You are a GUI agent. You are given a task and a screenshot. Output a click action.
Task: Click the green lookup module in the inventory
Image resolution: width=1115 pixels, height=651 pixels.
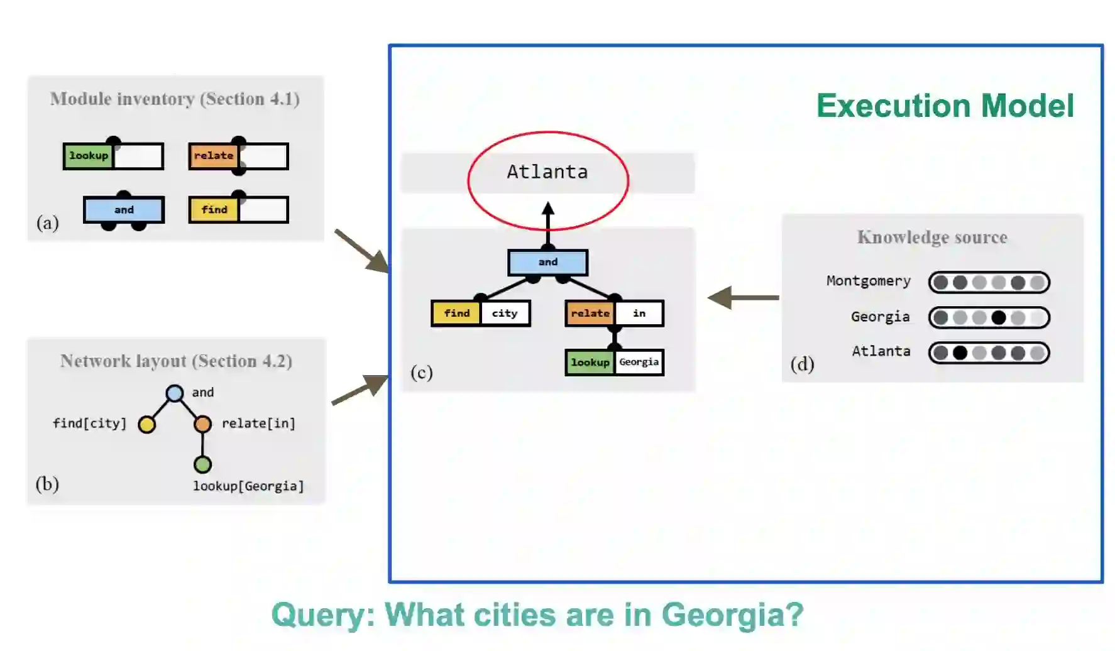(89, 156)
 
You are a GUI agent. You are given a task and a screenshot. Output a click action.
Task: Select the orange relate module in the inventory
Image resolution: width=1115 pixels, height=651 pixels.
(213, 156)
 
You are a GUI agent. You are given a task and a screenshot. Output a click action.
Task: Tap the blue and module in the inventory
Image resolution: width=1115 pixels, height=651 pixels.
(124, 210)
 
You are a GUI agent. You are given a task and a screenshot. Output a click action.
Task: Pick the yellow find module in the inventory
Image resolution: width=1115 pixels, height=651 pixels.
(214, 210)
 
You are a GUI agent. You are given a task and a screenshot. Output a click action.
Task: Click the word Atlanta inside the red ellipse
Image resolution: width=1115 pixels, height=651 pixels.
(547, 172)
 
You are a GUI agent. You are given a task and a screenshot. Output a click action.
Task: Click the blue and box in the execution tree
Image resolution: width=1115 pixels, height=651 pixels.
(547, 262)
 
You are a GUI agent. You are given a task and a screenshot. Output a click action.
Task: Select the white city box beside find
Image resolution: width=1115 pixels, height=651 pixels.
(505, 313)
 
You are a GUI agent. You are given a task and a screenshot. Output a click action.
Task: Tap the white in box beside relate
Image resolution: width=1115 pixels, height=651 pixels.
(639, 313)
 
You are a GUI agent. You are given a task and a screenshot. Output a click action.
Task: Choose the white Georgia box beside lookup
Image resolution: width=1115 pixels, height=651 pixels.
(639, 362)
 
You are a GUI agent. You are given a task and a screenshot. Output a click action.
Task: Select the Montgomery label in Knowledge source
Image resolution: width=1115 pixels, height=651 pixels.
(868, 281)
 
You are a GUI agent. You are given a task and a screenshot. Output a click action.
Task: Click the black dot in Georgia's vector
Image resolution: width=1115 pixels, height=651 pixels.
(998, 318)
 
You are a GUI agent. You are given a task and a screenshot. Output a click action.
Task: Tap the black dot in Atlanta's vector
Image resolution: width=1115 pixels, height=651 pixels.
(960, 353)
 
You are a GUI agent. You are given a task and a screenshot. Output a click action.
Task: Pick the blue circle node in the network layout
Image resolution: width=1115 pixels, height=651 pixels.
(175, 393)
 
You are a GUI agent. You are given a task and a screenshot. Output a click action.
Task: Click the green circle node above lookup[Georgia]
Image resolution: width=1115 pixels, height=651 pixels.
(202, 464)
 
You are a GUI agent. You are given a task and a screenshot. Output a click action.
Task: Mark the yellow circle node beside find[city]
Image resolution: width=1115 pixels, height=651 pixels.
(147, 425)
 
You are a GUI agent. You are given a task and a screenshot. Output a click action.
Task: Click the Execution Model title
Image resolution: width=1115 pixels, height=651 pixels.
(945, 106)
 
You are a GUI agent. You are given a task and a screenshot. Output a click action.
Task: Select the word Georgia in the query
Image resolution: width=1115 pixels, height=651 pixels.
(732, 615)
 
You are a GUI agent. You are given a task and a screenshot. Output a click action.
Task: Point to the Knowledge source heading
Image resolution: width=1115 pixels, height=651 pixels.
(932, 237)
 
